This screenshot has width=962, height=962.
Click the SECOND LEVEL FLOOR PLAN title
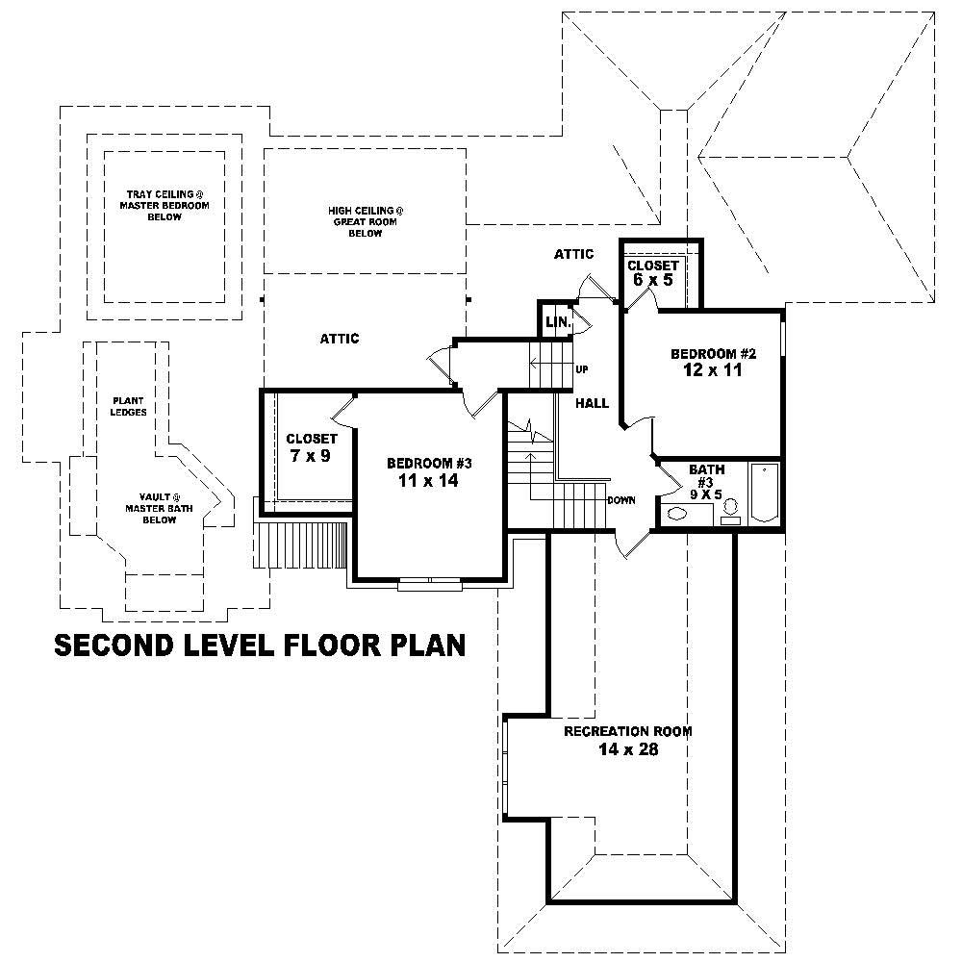260,645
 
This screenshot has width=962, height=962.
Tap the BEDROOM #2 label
707,354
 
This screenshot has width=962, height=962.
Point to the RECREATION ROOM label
627,731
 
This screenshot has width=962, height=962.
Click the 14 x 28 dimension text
627,749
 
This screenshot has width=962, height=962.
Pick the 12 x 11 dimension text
707,370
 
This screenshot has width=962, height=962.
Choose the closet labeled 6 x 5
653,272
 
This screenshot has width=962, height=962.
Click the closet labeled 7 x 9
310,447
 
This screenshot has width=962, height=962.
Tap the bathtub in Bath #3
764,494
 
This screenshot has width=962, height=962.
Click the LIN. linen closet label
557,323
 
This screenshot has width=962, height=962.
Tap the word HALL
593,403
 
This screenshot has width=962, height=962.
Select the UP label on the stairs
581,369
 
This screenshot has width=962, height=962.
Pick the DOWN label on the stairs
620,500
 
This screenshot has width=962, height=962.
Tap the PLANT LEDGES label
129,406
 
